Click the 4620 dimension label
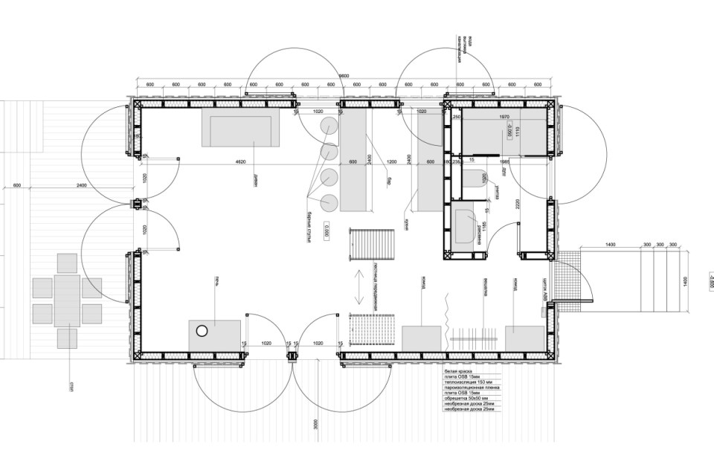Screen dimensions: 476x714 [x=240, y=162]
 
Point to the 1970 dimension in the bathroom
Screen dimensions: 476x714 [x=504, y=117]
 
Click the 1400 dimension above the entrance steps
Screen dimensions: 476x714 [x=610, y=245]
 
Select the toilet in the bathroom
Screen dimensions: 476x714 [x=474, y=178]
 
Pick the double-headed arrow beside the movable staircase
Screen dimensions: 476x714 [x=358, y=286]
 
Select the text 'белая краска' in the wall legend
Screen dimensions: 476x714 [x=458, y=370]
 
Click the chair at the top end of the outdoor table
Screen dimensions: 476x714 [x=67, y=263]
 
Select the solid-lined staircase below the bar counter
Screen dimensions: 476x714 [x=371, y=243]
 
